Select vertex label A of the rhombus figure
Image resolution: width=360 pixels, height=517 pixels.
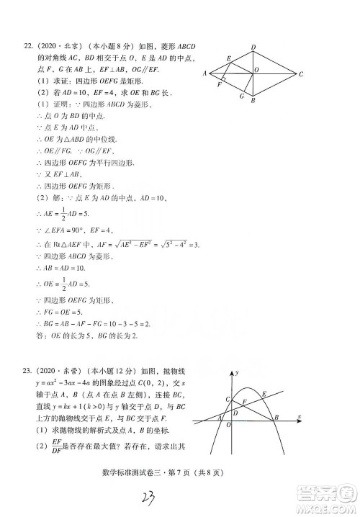[205, 73]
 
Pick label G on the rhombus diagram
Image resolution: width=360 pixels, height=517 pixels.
[243, 96]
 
